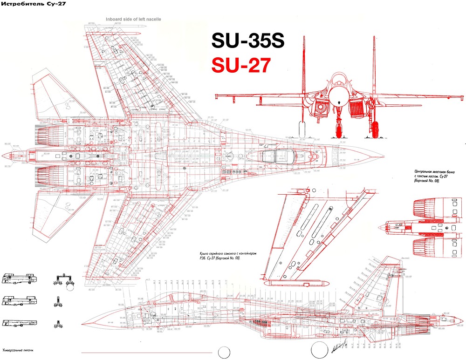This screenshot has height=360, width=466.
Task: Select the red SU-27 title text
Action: pos(240,65)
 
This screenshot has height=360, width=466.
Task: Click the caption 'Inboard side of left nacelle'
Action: pos(133,19)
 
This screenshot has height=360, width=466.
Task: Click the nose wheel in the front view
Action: pos(339,130)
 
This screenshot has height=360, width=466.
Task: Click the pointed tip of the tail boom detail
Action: pos(380,227)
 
